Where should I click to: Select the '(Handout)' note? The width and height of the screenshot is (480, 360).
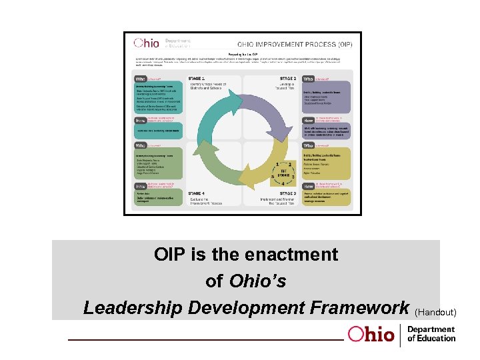[x=435, y=311]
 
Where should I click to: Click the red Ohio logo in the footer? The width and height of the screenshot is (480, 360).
[x=371, y=334]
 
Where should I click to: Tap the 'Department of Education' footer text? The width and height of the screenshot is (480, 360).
[x=431, y=334]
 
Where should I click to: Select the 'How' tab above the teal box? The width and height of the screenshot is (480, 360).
[x=141, y=121]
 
